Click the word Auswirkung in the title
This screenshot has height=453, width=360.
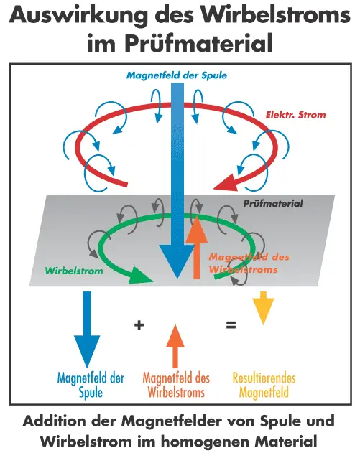78,15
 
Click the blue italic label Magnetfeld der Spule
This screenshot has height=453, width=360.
177,75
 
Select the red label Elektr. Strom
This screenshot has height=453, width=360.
295,115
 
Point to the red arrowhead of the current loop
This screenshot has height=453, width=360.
227,182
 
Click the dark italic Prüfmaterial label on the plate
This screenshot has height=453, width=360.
272,203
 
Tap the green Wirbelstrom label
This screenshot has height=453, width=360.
74,271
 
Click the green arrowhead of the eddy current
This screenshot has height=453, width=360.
141,275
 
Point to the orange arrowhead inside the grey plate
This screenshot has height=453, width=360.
197,230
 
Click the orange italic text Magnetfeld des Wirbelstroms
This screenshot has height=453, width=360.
249,263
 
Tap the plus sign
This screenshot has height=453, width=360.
139,325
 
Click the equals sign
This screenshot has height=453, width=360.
231,325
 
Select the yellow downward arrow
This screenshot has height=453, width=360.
263,308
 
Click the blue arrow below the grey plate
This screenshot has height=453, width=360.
87,330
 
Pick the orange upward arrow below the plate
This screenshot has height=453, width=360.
175,346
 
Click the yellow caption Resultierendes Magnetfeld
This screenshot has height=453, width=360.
264,385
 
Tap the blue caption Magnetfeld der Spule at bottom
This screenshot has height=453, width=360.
91,385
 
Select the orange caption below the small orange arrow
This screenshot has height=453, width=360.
176,385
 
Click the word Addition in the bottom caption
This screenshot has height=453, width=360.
55,421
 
